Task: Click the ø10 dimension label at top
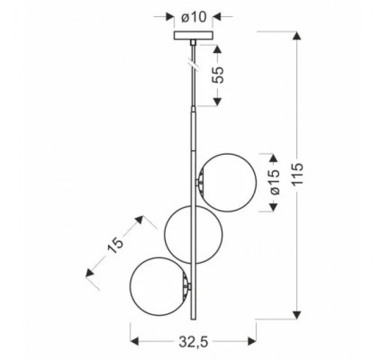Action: tap(193, 17)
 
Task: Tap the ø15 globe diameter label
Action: tap(275, 182)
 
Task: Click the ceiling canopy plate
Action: tap(193, 35)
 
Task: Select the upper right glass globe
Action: tap(227, 181)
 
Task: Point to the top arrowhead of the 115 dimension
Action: tap(297, 37)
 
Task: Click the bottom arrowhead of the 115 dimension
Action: tap(297, 314)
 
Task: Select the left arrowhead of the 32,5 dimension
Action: tap(135, 342)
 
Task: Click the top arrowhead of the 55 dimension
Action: tap(217, 46)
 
